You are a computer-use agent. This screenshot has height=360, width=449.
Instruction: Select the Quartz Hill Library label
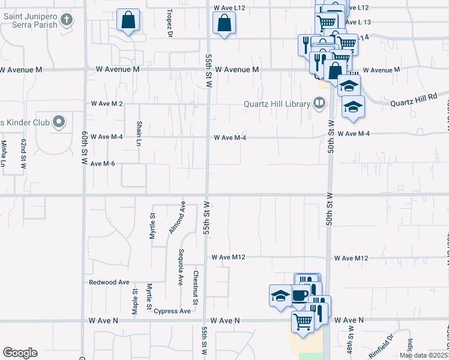[x=276, y=103]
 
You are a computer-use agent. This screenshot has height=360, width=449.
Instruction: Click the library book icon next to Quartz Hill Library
[x=319, y=103]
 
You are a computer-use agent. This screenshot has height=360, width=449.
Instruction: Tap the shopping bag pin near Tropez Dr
[x=128, y=21]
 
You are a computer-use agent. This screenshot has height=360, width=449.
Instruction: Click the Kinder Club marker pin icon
[x=58, y=122]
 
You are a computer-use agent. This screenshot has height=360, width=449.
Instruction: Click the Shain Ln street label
[x=139, y=133]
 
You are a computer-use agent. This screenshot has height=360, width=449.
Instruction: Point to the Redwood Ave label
[x=109, y=282]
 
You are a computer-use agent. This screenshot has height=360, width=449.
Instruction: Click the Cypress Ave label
[x=172, y=311]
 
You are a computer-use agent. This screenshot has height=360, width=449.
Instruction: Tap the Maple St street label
[x=134, y=300]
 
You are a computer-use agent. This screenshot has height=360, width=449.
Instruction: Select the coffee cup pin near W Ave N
[x=300, y=295]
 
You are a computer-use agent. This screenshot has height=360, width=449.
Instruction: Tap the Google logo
[x=20, y=353]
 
